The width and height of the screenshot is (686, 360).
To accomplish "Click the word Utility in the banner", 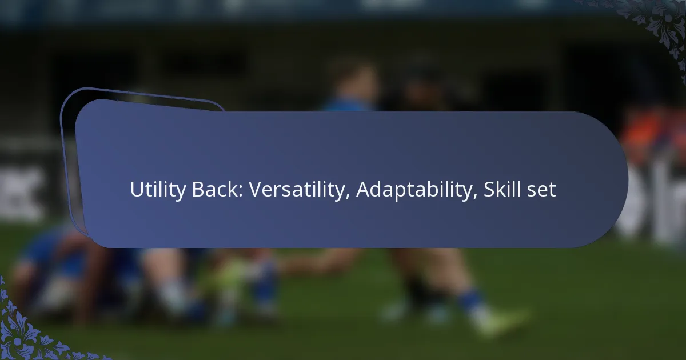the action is click(x=158, y=190).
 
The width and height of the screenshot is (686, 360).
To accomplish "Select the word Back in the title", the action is click(x=215, y=189).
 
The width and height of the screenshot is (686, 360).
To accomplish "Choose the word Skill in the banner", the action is click(x=502, y=189).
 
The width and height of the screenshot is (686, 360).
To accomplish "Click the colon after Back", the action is click(x=241, y=191).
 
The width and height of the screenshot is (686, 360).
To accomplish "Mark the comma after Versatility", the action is click(x=348, y=197).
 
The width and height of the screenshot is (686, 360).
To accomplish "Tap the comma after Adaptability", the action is click(x=475, y=197).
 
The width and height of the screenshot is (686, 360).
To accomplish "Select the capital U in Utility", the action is click(x=137, y=190).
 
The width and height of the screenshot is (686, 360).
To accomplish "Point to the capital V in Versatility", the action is click(x=256, y=190).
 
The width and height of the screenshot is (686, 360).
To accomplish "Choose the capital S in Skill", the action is click(x=489, y=190).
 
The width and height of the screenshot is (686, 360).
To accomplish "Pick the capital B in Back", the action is click(x=198, y=190).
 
